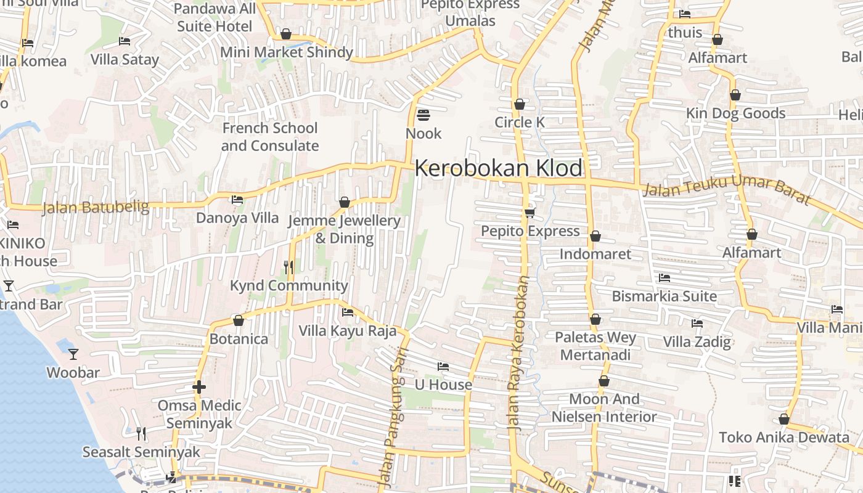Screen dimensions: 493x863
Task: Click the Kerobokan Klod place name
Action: (499, 168)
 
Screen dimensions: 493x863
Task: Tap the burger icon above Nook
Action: (423, 115)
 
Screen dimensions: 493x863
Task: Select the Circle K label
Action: (520, 122)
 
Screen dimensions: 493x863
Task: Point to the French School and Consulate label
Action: (270, 137)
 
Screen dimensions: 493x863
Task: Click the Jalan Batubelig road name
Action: (96, 208)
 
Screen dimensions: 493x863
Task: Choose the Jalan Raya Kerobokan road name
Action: (518, 352)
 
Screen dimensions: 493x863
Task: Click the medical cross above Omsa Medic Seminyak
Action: (198, 387)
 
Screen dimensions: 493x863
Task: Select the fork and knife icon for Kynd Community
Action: (288, 267)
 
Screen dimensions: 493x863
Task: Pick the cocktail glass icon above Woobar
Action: (73, 354)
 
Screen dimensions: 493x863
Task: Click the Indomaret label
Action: (595, 254)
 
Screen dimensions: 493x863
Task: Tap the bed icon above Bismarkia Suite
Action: (664, 278)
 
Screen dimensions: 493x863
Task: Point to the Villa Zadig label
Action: (697, 341)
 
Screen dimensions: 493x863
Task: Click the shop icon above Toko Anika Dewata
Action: (783, 419)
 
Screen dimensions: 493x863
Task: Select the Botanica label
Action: (239, 339)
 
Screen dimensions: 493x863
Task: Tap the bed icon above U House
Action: (443, 367)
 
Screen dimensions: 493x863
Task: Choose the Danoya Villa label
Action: (237, 218)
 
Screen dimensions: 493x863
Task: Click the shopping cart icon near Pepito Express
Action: (530, 213)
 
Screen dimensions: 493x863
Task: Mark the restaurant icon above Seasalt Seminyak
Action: (141, 434)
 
